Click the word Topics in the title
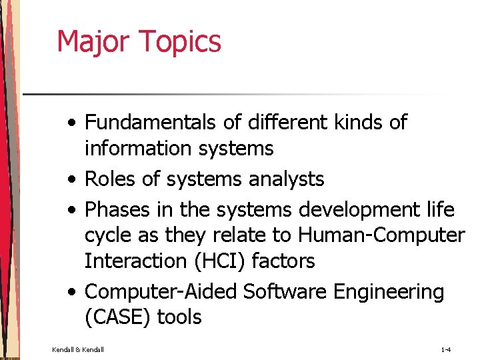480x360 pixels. [181, 42]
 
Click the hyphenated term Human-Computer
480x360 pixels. [381, 236]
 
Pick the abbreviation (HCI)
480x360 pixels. [219, 261]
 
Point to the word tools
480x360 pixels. [179, 317]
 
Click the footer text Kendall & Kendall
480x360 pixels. [78, 349]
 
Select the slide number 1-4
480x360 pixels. [446, 349]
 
